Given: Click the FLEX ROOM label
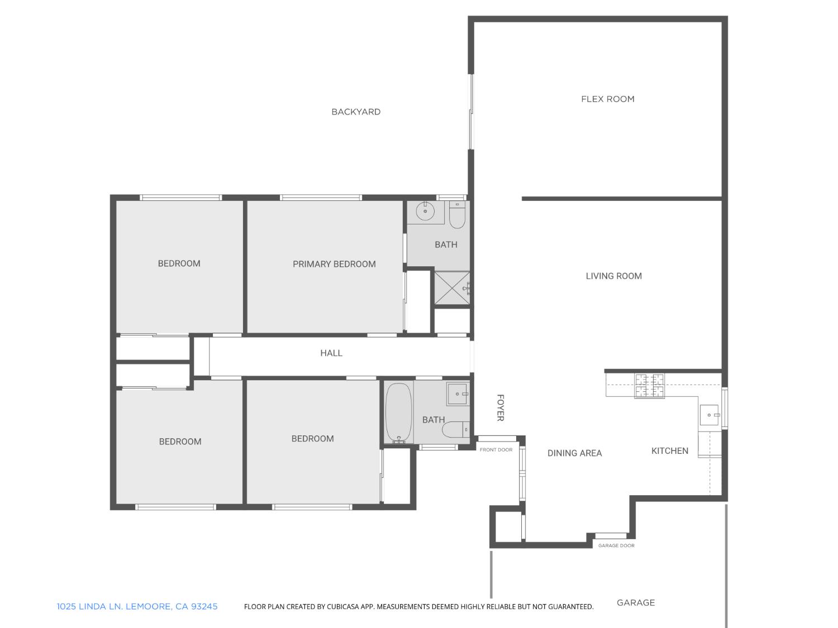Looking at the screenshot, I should point(608,99).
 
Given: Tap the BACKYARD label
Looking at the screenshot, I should point(356,112).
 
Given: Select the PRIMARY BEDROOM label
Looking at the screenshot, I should point(334,264).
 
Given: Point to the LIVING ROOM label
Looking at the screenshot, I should point(613,276).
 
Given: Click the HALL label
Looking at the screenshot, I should point(331,353).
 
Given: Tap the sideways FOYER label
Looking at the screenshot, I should point(501,408).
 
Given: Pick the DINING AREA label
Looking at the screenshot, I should point(574,453).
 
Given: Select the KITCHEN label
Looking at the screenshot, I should point(669,451).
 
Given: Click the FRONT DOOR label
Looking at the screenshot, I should point(496,450).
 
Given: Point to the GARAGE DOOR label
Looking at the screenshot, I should point(616,545).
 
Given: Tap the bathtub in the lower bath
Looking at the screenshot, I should point(399,413).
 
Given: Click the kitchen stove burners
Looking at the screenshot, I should point(649,386).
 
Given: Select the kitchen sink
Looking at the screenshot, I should point(710,415).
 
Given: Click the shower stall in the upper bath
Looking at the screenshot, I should point(452,288).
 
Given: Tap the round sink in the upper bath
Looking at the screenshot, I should point(426,212).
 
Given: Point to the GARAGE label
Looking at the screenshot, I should point(636,603).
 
